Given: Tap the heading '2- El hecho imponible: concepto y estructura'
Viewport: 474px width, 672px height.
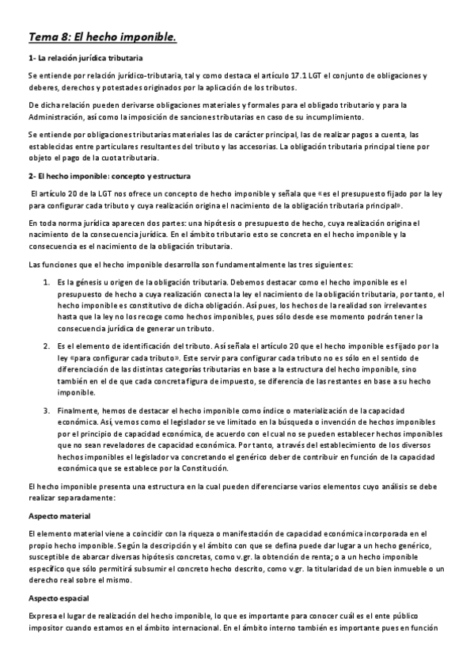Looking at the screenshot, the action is point(104,175).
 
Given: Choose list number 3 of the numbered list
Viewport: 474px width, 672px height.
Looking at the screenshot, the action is point(46,410).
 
